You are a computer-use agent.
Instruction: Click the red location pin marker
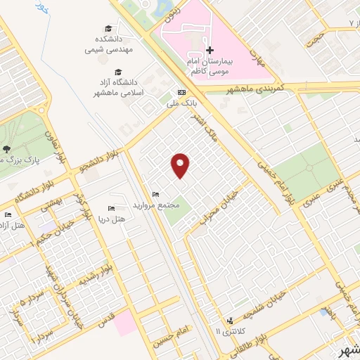pyautogui.click(x=181, y=165)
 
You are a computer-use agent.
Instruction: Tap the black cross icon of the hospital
pyautogui.click(x=210, y=51)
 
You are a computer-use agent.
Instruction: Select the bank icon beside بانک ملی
pyautogui.click(x=181, y=92)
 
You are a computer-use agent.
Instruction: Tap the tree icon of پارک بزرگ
pyautogui.click(x=7, y=148)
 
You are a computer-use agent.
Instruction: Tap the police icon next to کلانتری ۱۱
pyautogui.click(x=230, y=321)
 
